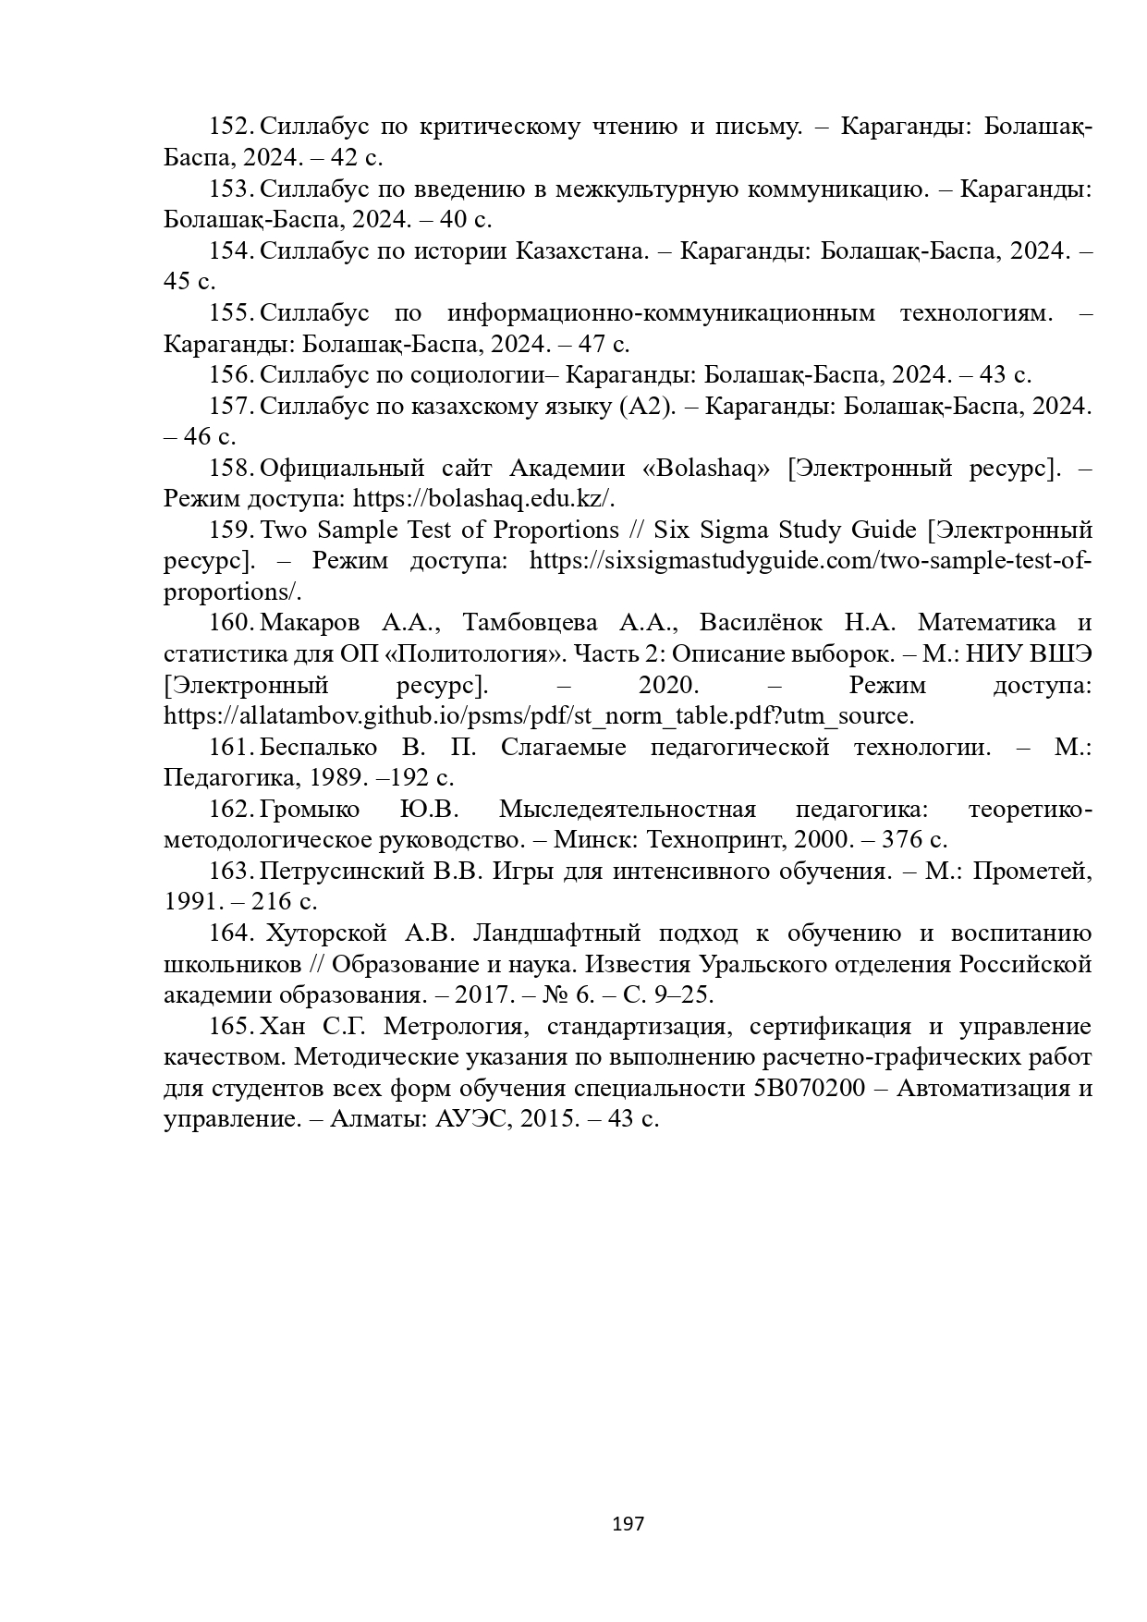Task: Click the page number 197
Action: [628, 1523]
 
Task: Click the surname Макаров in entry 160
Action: [310, 623]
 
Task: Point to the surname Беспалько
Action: [318, 747]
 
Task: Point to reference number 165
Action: [231, 1027]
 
